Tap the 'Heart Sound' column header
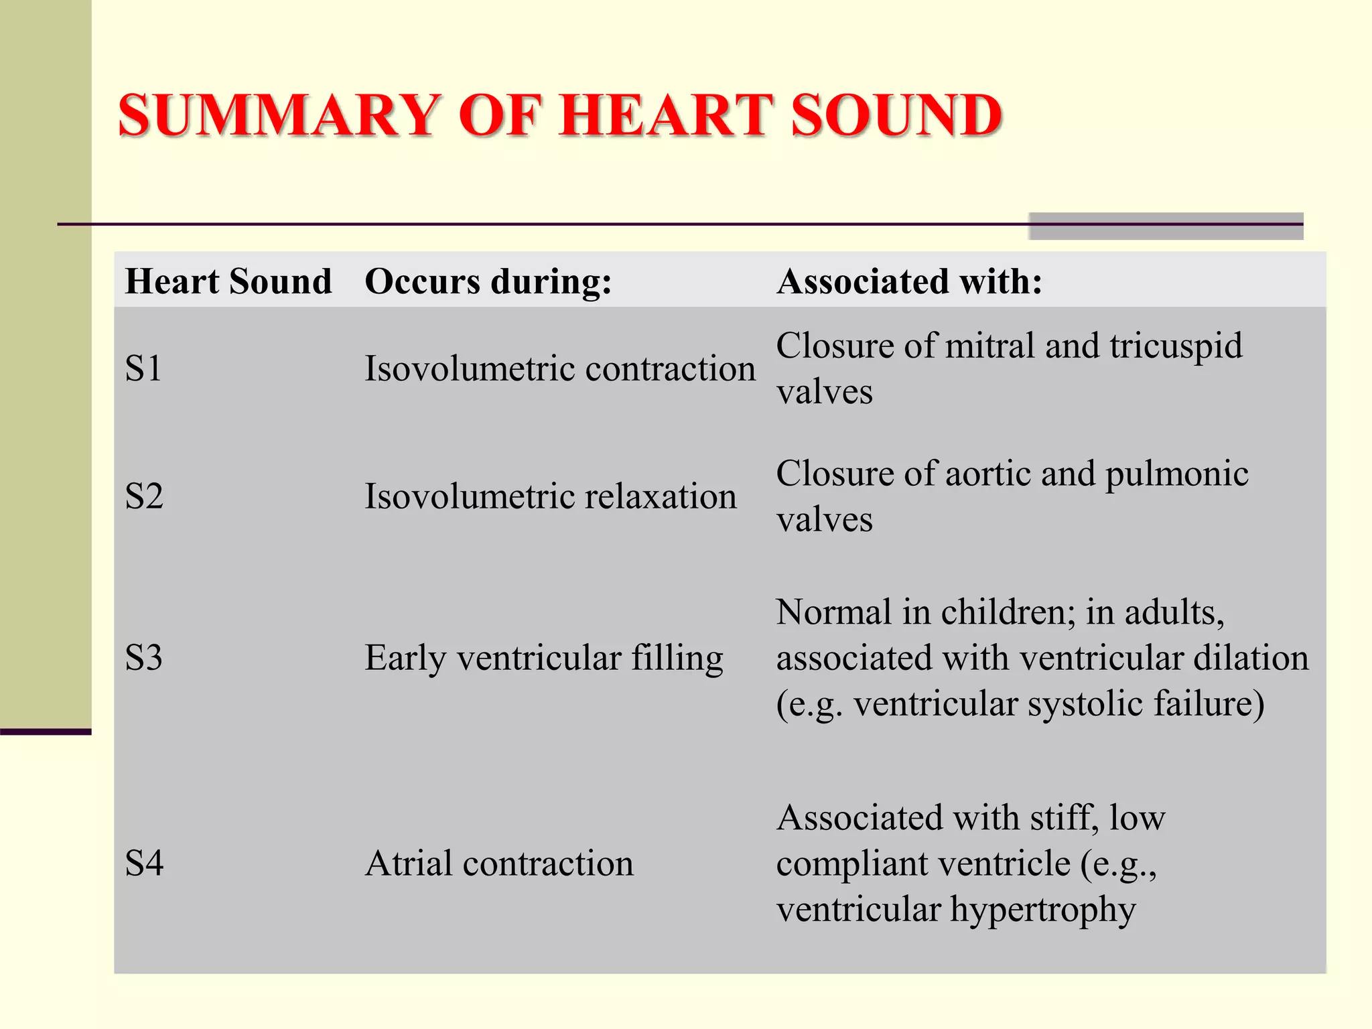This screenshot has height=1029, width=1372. tap(228, 281)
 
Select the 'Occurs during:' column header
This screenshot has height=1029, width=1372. tap(488, 281)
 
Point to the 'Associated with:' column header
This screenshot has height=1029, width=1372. tap(909, 281)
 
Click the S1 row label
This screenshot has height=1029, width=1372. tap(143, 368)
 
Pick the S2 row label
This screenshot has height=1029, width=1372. tap(144, 496)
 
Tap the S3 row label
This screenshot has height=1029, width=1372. tap(144, 658)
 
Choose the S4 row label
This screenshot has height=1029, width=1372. tap(144, 863)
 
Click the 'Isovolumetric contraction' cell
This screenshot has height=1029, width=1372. tap(559, 368)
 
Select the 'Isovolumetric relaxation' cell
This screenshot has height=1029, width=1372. tap(550, 496)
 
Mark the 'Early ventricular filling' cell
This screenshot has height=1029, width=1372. tap(543, 658)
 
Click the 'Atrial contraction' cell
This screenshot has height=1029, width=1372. tap(499, 863)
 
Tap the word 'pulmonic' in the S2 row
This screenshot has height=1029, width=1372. tap(1176, 474)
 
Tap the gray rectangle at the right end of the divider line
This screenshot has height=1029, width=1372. tap(1166, 226)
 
